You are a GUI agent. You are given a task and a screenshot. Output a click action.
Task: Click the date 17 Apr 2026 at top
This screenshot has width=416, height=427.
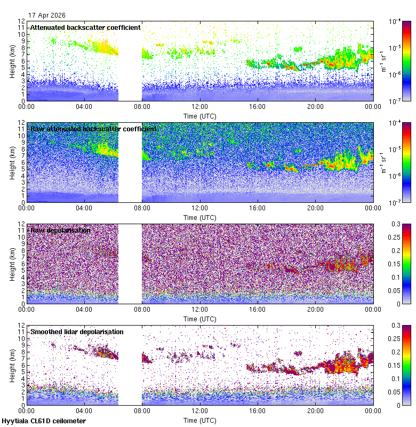47,15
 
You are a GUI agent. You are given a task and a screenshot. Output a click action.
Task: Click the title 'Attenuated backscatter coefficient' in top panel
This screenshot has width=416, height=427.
85,27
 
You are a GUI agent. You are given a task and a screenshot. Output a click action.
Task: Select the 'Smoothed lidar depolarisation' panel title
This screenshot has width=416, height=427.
77,331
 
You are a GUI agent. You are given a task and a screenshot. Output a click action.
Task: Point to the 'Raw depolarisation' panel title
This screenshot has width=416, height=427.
60,230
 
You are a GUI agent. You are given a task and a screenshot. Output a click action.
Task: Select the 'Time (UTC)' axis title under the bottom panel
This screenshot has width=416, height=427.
200,420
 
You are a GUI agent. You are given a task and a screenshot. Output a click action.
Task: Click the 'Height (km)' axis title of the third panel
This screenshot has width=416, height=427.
12,264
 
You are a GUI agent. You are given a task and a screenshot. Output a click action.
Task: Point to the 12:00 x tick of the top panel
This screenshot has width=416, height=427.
200,106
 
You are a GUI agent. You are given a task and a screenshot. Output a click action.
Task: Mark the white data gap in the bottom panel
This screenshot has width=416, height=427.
130,365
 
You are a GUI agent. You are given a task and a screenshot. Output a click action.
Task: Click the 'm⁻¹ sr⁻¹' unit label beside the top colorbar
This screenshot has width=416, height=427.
383,61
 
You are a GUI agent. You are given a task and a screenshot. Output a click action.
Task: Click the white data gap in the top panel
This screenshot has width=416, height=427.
130,61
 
